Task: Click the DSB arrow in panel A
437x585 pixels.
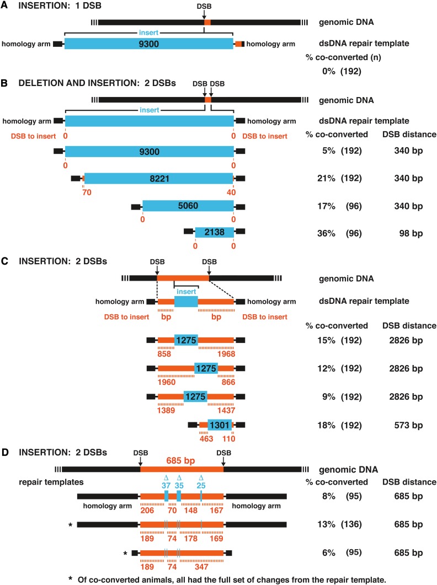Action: [207, 15]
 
